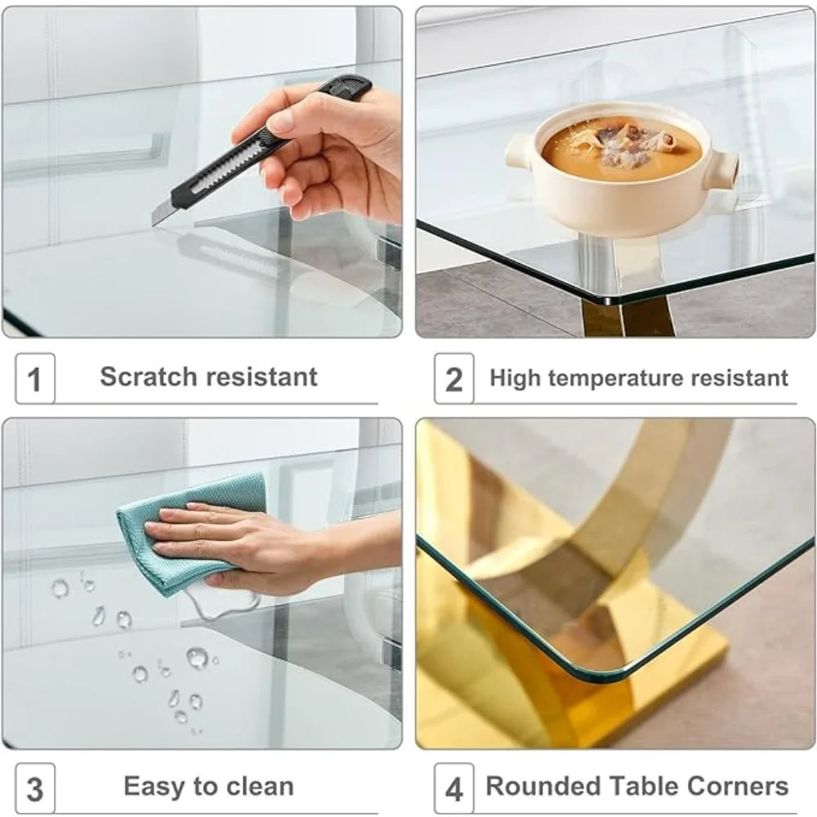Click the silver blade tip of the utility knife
(x=154, y=223)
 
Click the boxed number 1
(x=34, y=379)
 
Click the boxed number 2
(x=453, y=379)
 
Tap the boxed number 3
(x=34, y=789)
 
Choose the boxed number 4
(x=453, y=789)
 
